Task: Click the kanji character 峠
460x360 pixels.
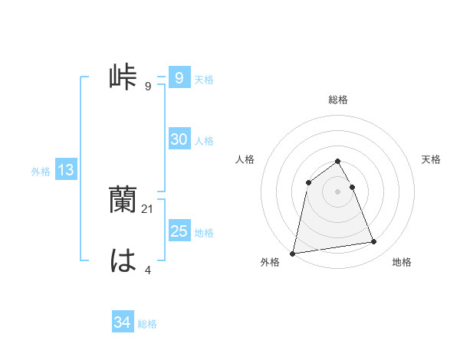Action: pos(123,78)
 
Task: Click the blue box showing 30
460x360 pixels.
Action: pos(179,139)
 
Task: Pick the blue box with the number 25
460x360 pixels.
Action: pos(179,231)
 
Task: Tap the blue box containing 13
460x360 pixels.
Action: pos(66,170)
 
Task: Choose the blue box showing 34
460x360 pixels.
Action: pos(122,322)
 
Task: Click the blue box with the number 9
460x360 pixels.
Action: pos(179,78)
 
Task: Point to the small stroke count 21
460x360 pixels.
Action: pos(149,208)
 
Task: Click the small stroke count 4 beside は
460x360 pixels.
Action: pos(148,269)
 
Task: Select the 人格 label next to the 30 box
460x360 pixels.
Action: pos(204,141)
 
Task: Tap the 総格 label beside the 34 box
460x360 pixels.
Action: pos(147,324)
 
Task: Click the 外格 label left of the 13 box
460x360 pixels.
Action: pos(41,172)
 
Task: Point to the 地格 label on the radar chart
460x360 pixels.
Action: pos(402,263)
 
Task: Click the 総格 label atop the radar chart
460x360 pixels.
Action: pos(337,100)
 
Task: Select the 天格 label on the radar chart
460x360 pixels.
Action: pos(431,159)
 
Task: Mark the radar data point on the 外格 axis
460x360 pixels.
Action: pos(293,253)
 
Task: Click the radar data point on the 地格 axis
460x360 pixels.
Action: pos(374,242)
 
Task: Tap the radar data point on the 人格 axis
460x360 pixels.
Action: pos(308,182)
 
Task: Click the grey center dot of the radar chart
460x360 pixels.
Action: pos(337,191)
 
